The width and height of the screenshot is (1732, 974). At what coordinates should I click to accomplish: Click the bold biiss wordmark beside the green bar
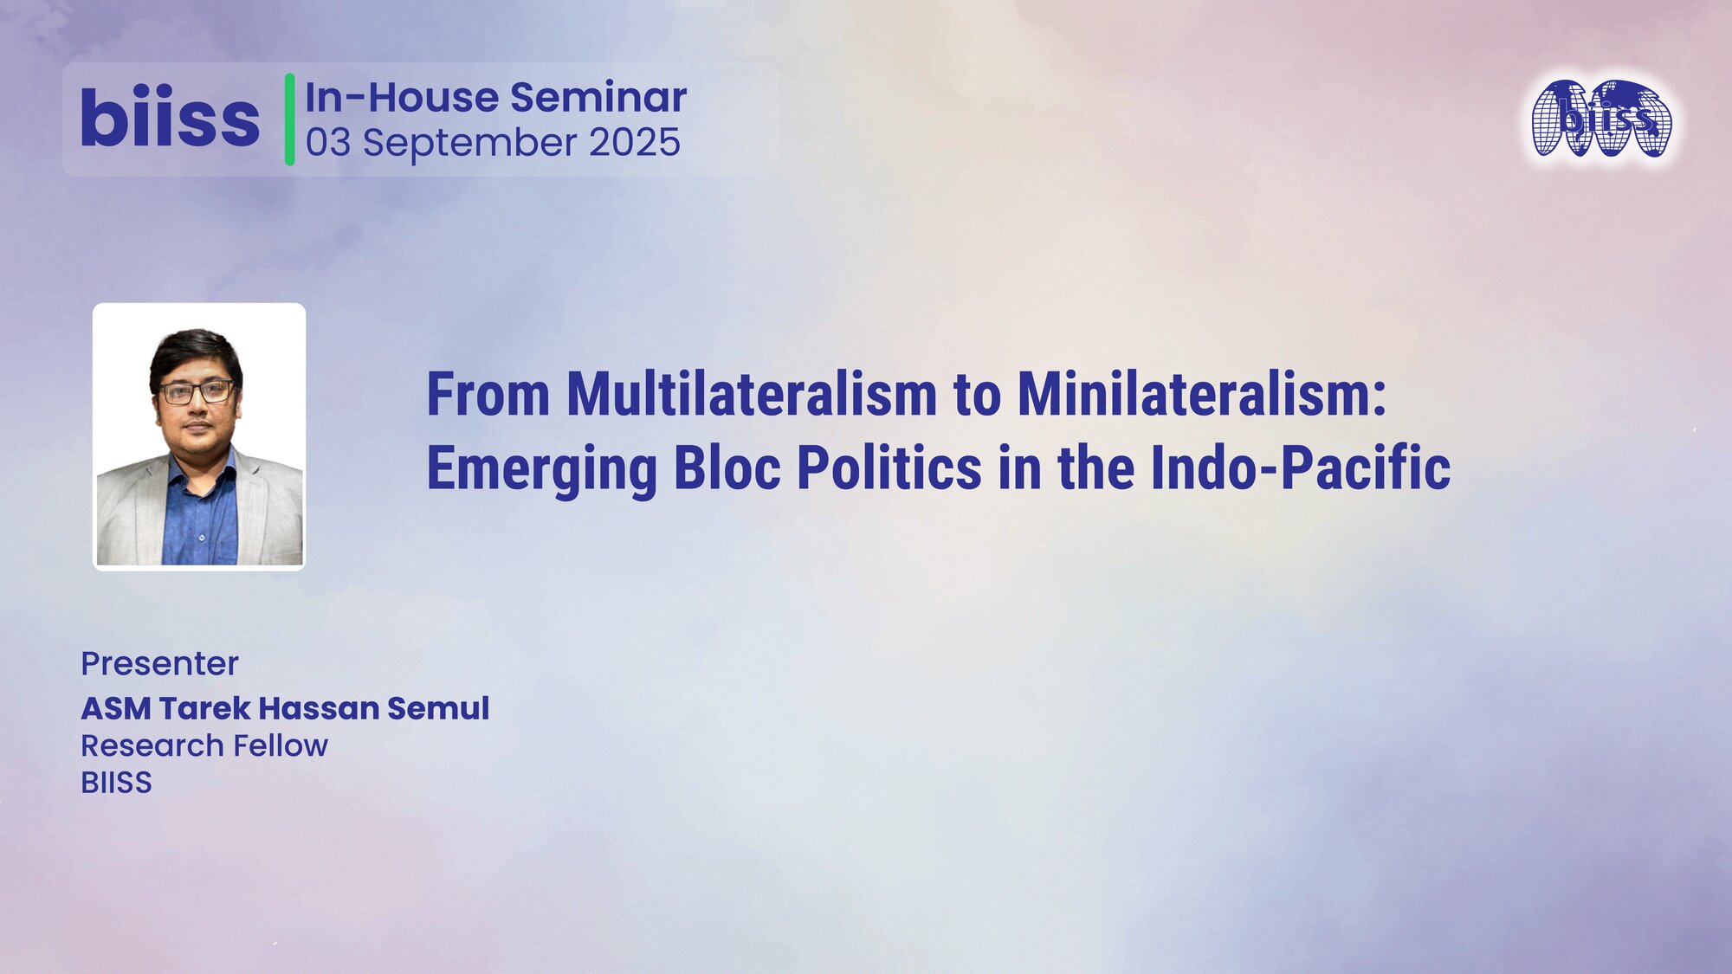[x=170, y=119]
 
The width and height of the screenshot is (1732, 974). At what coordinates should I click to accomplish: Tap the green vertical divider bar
[x=289, y=119]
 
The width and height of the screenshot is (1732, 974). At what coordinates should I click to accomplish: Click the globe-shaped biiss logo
[x=1601, y=119]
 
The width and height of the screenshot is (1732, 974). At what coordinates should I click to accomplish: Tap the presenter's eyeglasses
[x=197, y=392]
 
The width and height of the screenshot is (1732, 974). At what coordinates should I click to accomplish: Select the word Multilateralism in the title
[x=752, y=395]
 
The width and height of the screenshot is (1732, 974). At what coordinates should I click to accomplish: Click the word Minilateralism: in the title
[x=1202, y=395]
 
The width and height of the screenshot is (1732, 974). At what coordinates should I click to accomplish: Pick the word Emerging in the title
[x=542, y=469]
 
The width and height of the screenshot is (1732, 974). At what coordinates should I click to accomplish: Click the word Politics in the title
[x=889, y=468]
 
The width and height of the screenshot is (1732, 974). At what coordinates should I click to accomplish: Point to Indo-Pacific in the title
[x=1300, y=468]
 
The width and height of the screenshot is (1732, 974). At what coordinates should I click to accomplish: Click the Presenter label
[x=159, y=664]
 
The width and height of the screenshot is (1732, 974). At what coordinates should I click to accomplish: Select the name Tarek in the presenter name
[x=204, y=708]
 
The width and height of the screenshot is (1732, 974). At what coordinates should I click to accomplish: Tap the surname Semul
[x=437, y=708]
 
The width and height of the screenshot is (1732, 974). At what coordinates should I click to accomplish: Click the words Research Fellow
[x=204, y=745]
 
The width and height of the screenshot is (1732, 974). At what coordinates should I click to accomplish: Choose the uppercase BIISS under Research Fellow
[x=116, y=783]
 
